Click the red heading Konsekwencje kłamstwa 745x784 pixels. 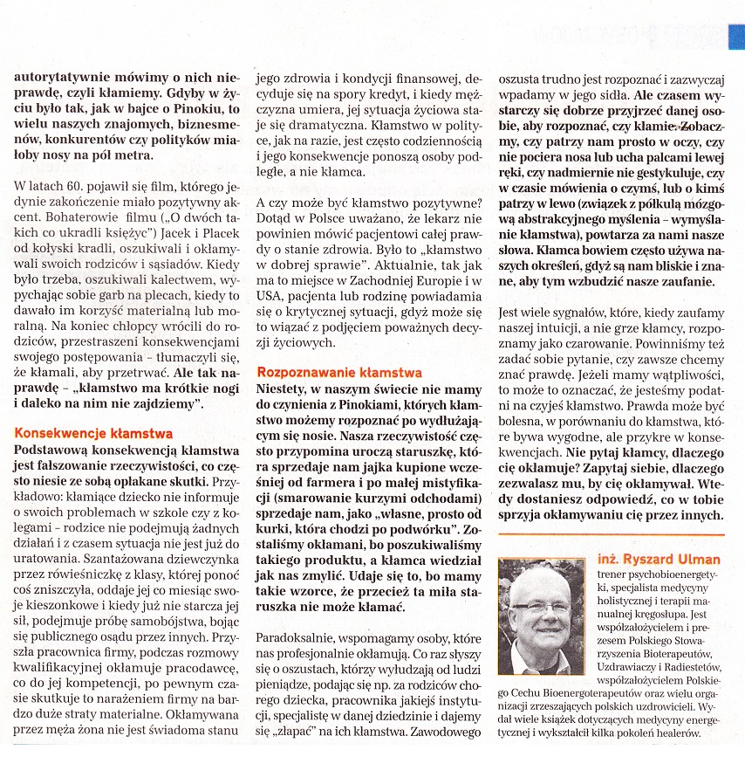(94, 433)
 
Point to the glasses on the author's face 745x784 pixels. (541, 606)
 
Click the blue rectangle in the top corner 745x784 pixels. (736, 36)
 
